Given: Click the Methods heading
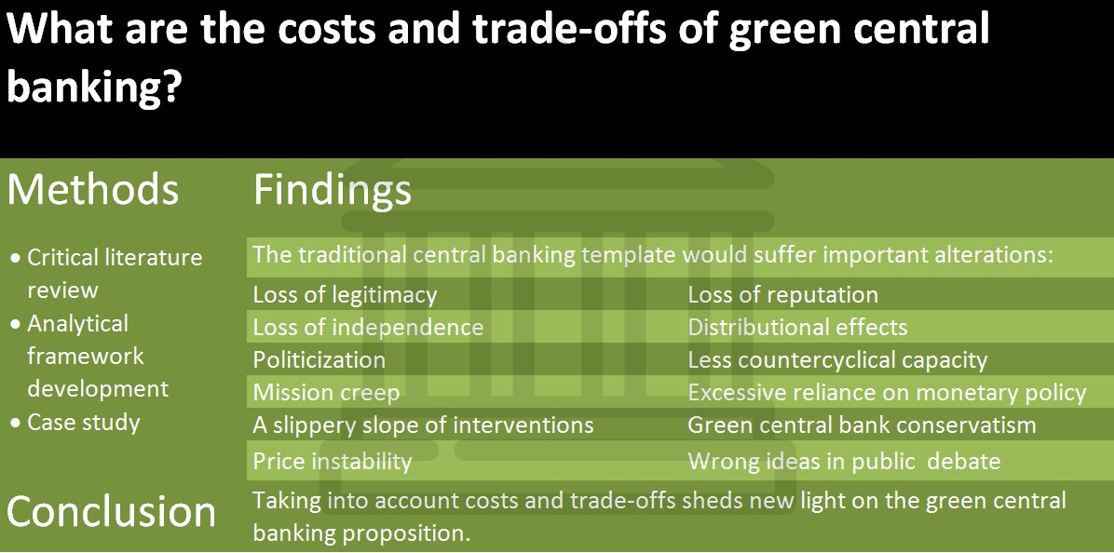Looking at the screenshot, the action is [92, 189].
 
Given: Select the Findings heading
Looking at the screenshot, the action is [333, 190].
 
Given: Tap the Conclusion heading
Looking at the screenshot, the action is [112, 511].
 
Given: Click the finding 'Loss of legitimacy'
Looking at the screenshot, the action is [346, 294].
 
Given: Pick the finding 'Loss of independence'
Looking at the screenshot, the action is [368, 328].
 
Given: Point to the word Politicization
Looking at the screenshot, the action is [319, 360].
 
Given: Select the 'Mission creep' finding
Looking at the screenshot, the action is [326, 393].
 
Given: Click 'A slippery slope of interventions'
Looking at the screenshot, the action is [424, 425].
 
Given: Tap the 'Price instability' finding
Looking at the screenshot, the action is [333, 462].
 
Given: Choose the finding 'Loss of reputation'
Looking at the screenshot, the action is [783, 294].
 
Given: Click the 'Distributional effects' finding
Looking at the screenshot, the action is [798, 328].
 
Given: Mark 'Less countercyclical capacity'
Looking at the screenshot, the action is [837, 360].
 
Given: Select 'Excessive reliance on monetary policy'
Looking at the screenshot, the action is [888, 393].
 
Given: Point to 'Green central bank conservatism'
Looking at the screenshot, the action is [862, 425].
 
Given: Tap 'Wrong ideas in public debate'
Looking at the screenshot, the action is [844, 462].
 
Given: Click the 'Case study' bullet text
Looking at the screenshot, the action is [84, 423].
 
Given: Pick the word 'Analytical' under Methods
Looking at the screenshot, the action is [78, 324].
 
